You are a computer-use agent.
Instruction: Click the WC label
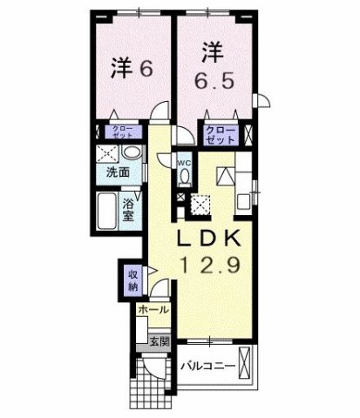185,161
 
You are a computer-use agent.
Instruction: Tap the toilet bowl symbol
185,175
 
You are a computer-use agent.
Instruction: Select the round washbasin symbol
129,153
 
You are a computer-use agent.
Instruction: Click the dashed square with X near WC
200,206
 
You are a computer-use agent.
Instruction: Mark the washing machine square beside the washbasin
108,153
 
